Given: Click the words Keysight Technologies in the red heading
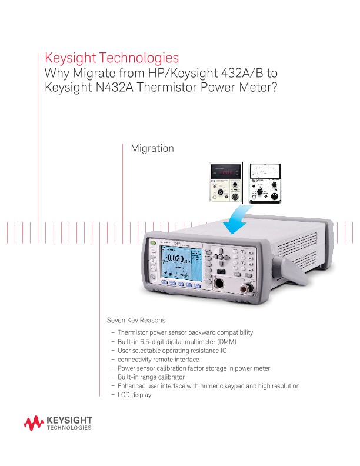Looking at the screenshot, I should point(112,58).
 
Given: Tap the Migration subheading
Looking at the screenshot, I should point(152,148).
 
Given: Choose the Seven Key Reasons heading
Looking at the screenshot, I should point(136,321).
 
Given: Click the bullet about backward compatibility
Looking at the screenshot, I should point(185,332).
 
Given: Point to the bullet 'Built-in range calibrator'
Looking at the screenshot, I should point(151,377).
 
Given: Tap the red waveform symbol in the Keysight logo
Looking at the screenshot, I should point(34,422).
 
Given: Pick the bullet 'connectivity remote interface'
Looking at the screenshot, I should point(158,360).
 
